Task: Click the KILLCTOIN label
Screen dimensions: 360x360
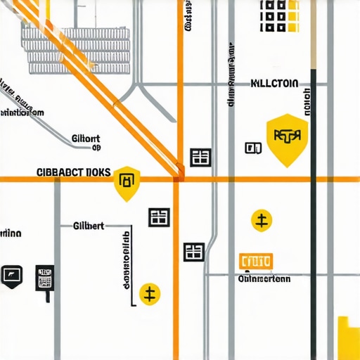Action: tap(274, 84)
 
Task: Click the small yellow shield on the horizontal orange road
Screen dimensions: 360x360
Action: tap(127, 182)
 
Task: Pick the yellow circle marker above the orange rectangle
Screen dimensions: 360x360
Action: tap(262, 221)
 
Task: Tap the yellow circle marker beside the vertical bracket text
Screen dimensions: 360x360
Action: tap(149, 293)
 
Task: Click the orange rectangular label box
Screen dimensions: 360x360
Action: tap(256, 262)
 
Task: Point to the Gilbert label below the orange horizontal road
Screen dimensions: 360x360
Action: tap(89, 226)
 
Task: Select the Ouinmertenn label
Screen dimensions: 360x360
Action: tap(264, 278)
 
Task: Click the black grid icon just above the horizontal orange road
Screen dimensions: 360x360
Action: tap(201, 157)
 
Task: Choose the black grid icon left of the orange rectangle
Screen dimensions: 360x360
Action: tap(194, 252)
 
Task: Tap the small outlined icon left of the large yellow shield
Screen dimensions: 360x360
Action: tap(253, 148)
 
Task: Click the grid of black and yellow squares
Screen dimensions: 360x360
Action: tap(280, 15)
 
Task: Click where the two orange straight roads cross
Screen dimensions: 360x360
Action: tap(179, 179)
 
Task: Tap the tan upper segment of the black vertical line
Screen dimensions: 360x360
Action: tap(314, 35)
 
